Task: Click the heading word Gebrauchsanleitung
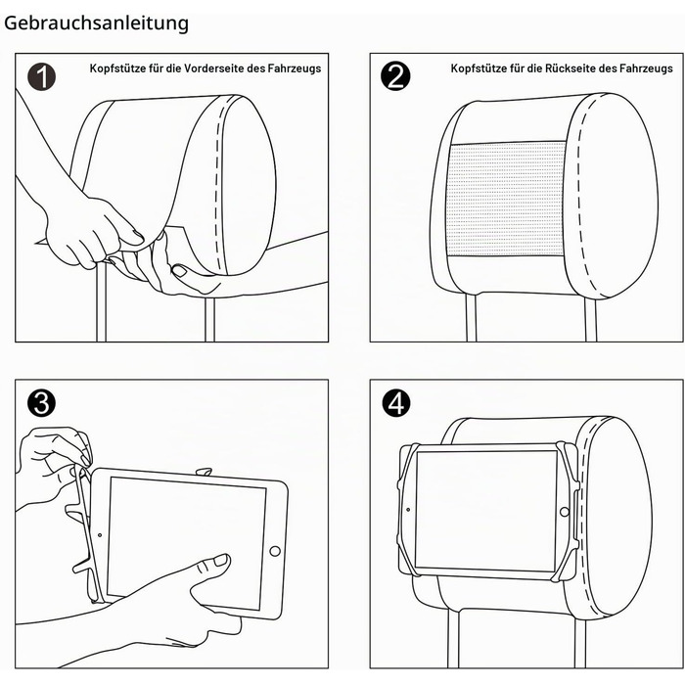point(96,23)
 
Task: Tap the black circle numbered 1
point(42,77)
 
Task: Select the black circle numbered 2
point(395,76)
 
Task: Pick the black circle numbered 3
point(41,402)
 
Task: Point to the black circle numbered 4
point(396,402)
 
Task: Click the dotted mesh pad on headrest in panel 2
point(506,199)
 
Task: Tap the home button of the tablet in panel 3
point(275,551)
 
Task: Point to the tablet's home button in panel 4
point(564,511)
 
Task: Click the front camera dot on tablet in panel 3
point(100,535)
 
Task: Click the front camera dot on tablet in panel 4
point(408,510)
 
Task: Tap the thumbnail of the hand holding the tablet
point(221,560)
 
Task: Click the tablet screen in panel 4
point(485,510)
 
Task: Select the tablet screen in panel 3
point(187,543)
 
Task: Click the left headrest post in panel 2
point(471,318)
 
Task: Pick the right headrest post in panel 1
point(210,319)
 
